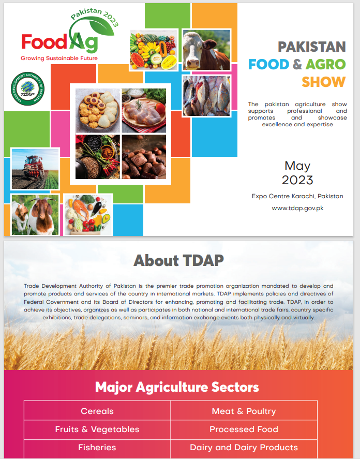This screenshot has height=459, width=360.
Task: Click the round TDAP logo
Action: click(x=27, y=88)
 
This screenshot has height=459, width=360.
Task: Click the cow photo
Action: click(x=206, y=50)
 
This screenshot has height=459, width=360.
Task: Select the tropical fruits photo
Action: click(x=154, y=50)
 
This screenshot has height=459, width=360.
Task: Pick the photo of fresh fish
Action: click(x=206, y=96)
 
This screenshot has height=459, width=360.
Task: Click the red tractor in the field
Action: click(x=33, y=167)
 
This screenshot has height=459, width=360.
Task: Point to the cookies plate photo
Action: click(x=97, y=111)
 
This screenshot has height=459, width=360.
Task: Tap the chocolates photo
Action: click(x=144, y=157)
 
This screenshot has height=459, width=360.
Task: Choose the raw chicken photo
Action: click(x=144, y=111)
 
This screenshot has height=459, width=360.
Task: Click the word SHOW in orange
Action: click(x=324, y=82)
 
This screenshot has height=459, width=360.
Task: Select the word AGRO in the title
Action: click(x=326, y=64)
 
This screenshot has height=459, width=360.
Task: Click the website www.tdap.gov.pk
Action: click(x=297, y=208)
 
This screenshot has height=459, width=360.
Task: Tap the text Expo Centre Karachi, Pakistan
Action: click(x=297, y=196)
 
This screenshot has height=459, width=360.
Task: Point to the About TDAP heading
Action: click(x=178, y=260)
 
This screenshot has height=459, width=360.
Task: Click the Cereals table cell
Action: click(x=97, y=411)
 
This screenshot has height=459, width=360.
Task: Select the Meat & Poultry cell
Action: click(x=244, y=411)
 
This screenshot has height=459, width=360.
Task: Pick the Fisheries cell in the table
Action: click(x=97, y=448)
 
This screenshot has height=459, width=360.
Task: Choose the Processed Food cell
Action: click(x=244, y=430)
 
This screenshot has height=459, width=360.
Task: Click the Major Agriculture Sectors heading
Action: click(x=177, y=387)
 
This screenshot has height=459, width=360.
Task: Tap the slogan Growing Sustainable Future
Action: click(x=59, y=58)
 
